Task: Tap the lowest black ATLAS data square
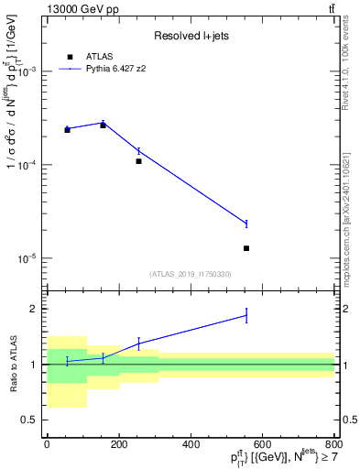(x=246, y=248)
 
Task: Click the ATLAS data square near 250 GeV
(x=138, y=161)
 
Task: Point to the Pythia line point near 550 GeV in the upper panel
(x=246, y=224)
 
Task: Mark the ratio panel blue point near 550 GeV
(x=246, y=316)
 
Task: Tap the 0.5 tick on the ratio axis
(x=28, y=420)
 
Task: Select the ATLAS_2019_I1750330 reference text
(x=191, y=274)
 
